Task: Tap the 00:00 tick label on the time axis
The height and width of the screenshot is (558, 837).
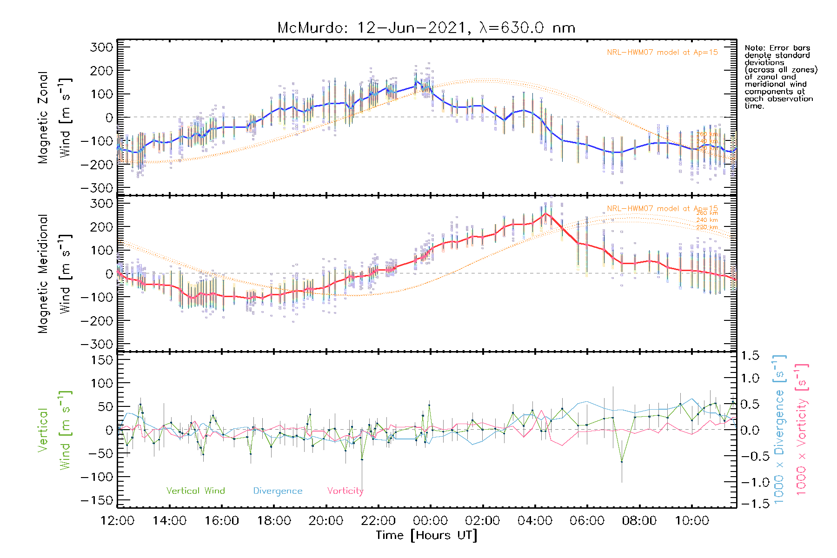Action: pos(431,520)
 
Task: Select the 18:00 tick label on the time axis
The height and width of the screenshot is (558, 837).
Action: pos(274,520)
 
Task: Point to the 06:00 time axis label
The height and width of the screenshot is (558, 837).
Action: pos(587,520)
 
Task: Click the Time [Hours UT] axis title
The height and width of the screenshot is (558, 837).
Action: pos(426,535)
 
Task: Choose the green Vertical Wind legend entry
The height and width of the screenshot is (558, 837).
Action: pos(195,491)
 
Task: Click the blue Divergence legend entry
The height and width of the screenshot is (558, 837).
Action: pos(278,491)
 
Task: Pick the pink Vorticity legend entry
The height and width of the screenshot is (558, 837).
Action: pos(345,491)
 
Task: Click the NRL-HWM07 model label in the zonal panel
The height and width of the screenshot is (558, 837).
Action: pos(662,53)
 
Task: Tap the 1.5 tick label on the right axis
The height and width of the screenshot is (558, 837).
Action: pos(750,356)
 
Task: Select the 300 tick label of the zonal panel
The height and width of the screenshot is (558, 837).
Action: pos(101,47)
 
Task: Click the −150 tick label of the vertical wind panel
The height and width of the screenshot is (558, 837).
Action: pos(97,500)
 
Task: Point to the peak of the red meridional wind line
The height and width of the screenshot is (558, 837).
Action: pos(545,213)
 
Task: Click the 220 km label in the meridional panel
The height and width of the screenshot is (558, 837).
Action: pos(707,227)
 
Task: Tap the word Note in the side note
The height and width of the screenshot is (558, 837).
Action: pos(753,48)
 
